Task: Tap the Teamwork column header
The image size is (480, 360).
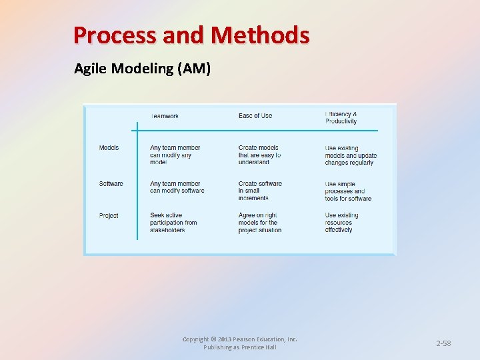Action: pos(165,116)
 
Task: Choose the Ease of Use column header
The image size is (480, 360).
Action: pos(255,116)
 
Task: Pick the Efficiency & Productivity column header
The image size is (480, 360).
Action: pos(341,118)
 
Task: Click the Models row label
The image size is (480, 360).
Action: pos(109,147)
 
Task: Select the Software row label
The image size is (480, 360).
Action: pos(111,183)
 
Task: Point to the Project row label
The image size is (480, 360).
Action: pos(109,215)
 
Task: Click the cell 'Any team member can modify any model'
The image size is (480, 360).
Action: pos(175,155)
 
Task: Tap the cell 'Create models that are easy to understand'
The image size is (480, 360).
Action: pos(260,155)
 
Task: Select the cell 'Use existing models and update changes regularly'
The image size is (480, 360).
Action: pos(351,155)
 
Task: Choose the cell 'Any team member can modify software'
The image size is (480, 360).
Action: pos(177,187)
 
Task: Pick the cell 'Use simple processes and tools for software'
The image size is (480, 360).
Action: pos(348,191)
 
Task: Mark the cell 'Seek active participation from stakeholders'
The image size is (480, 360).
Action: pos(173,223)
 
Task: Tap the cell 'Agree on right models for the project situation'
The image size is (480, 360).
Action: pos(259,223)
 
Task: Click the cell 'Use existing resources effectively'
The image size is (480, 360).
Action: pos(341,223)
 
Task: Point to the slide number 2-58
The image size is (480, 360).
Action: pos(443,343)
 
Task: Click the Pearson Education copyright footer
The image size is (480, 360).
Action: pos(240,343)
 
